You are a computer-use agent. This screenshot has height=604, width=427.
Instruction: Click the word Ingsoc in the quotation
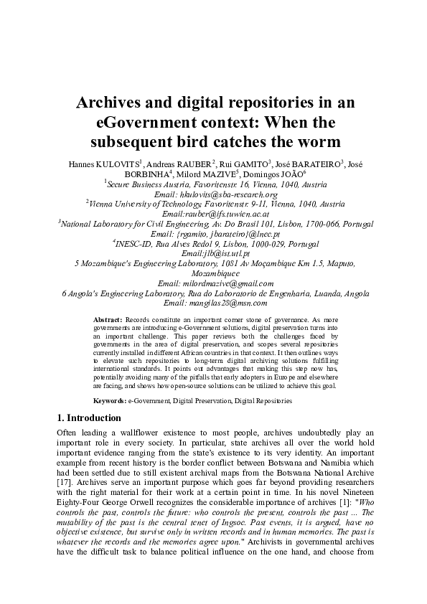(216, 532)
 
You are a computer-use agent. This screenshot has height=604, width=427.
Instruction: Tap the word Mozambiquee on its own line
(213, 273)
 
